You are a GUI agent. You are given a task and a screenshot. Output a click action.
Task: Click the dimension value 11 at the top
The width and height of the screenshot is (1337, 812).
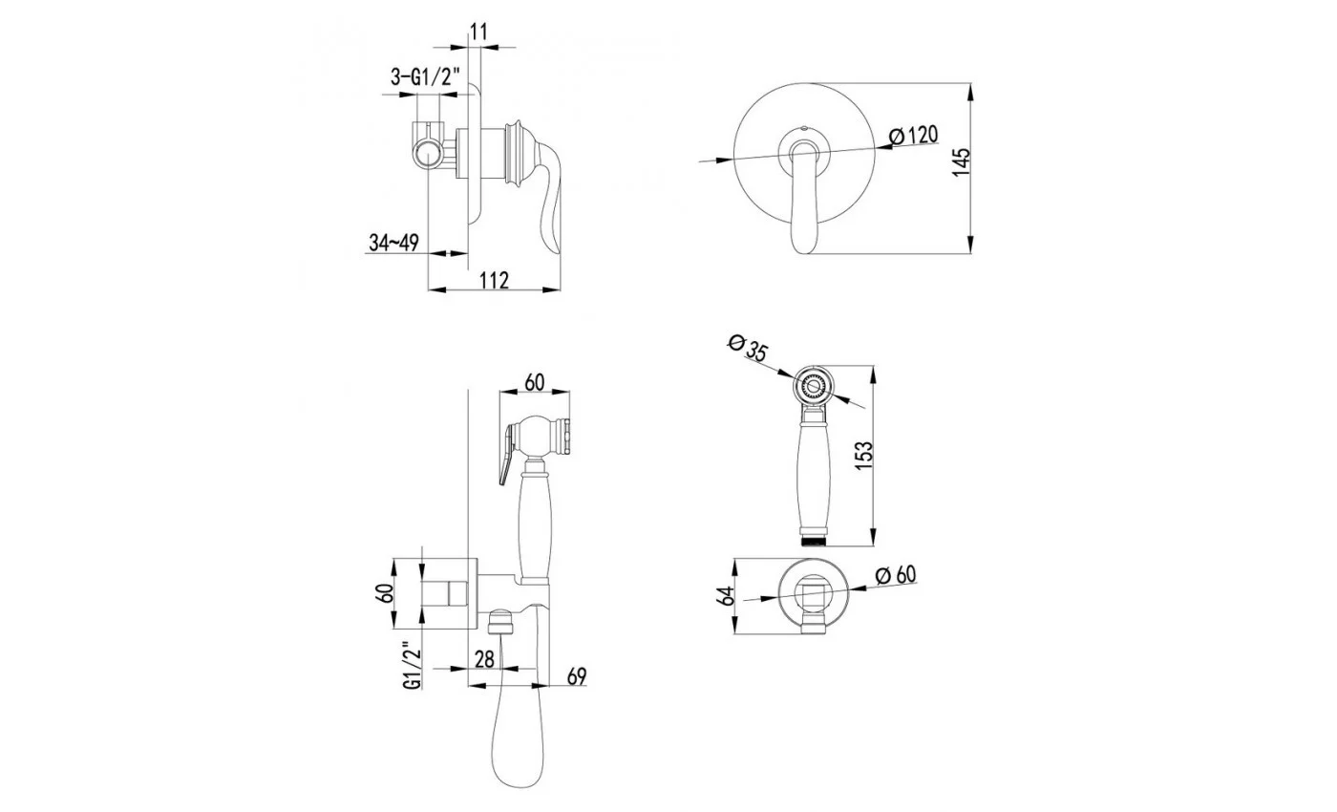point(478,32)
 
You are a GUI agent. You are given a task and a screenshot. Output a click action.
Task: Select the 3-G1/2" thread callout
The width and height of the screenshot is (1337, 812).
point(426,77)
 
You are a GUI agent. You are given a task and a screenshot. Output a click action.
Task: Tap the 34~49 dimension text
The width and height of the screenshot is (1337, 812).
point(393,243)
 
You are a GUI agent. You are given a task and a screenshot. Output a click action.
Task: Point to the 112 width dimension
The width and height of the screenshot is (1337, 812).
point(495,279)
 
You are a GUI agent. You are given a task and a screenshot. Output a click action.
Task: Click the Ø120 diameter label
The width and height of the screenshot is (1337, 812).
point(913,136)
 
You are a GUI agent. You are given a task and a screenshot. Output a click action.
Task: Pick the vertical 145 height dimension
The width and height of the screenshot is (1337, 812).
point(961,161)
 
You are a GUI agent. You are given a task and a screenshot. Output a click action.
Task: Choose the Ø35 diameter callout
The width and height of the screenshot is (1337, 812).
point(748,348)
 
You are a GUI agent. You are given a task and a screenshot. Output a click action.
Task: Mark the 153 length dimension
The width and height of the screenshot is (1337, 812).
point(863,456)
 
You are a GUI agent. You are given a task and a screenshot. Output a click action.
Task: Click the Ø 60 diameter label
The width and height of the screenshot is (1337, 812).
point(896,574)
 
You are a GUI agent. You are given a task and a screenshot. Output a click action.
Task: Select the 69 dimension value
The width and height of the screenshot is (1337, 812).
point(577,676)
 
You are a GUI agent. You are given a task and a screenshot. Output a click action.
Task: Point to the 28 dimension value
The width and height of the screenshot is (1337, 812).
point(485,659)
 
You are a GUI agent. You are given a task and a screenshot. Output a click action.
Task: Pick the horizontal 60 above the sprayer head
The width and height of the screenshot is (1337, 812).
point(534,382)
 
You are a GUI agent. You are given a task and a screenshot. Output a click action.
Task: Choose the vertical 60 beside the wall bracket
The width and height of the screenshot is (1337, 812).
point(386,592)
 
